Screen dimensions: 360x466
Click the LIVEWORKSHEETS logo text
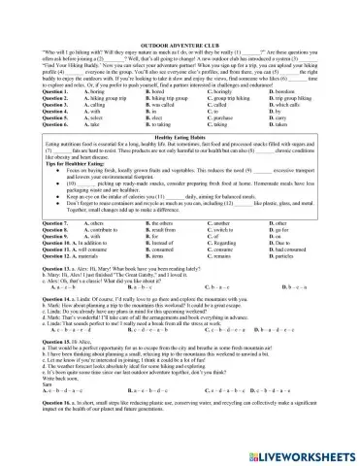click(297, 452)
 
